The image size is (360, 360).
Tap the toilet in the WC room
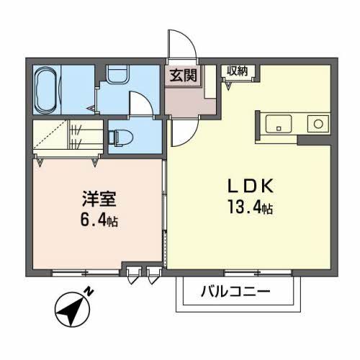[118, 135]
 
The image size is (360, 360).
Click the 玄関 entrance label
[183, 75]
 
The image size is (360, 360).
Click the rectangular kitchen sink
[276, 125]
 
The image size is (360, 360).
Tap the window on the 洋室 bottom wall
[79, 272]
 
